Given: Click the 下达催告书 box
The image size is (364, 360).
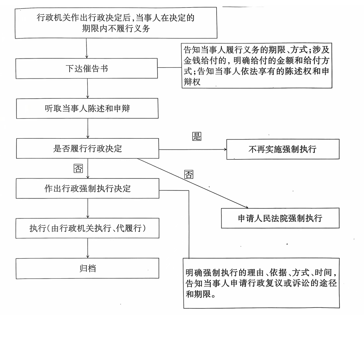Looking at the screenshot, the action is (86, 68).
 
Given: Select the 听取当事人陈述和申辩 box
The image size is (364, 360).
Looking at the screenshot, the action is (87, 108).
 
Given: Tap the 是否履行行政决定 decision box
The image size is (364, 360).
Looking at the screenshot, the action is (88, 148).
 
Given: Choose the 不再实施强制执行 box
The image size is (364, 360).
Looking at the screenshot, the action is (283, 149).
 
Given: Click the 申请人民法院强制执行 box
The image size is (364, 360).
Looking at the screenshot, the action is (280, 218).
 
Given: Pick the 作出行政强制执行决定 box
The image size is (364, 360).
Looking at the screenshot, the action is (88, 188).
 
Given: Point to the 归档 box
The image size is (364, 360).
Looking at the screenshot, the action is (87, 268).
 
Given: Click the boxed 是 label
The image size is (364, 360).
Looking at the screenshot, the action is (197, 136).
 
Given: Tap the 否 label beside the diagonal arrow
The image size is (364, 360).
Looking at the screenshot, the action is (189, 174).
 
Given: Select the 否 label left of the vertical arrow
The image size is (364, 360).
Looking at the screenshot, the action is (78, 168).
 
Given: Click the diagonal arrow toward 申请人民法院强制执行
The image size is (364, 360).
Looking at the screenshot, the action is (193, 183).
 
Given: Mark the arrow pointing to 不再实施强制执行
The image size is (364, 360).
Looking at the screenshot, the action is (193, 150).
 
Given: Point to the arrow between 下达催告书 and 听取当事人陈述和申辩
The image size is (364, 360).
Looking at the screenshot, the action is (88, 88).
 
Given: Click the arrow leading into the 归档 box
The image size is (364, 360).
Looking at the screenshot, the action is (88, 248).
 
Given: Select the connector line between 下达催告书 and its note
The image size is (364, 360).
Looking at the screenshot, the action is (169, 68).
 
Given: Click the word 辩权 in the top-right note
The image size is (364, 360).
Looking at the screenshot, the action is (192, 82).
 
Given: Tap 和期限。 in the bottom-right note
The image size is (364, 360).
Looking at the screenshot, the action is (201, 294).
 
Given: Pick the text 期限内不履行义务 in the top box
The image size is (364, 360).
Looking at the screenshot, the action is (116, 28).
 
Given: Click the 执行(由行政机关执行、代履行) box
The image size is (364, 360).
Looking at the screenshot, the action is (88, 228).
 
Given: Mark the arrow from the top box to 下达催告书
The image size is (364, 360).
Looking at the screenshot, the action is (86, 48).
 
